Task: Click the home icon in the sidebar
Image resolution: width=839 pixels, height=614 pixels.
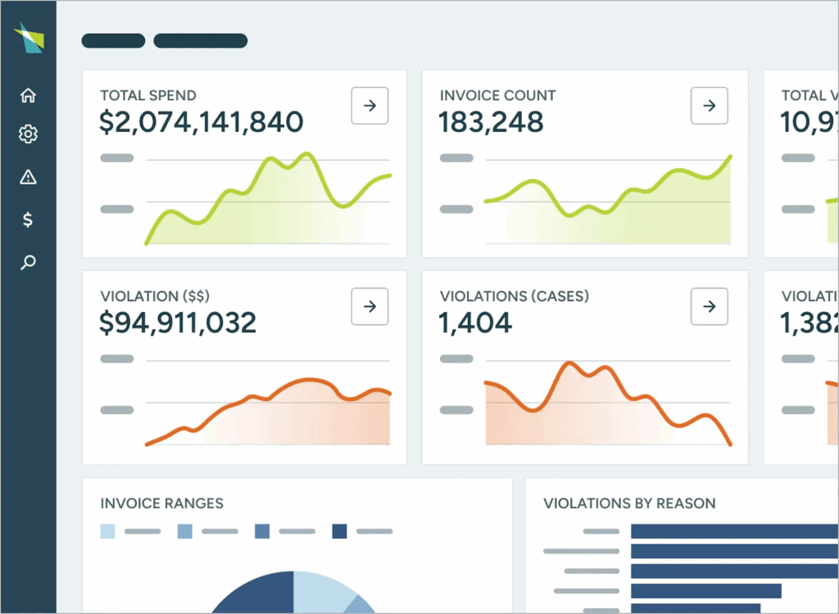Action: point(28,95)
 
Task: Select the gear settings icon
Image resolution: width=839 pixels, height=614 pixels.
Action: point(28,134)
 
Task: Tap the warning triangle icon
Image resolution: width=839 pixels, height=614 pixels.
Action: point(28,177)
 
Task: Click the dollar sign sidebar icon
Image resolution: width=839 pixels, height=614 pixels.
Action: point(28,220)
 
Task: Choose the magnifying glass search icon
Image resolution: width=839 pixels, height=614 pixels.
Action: point(28,263)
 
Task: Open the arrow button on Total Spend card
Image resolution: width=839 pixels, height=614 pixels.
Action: point(370,106)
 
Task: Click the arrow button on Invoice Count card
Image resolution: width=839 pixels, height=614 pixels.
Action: point(710,106)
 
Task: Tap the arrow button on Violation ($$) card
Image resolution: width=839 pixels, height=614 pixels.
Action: point(370,306)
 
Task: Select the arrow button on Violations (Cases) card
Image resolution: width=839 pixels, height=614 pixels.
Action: point(710,306)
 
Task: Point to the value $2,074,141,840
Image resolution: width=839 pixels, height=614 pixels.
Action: point(202,122)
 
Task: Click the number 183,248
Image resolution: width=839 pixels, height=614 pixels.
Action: point(491,122)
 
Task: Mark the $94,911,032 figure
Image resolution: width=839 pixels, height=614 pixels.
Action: point(178,323)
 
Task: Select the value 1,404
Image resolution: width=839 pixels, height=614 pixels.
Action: point(475,323)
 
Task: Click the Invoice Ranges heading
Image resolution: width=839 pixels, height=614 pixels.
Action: point(161,503)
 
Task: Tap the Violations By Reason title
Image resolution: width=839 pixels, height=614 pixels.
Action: point(629,503)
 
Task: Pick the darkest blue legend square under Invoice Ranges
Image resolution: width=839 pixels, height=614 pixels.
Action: point(339,531)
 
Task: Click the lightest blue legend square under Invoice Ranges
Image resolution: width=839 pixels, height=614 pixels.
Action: point(108,531)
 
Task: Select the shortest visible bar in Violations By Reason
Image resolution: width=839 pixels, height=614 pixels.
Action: point(705,591)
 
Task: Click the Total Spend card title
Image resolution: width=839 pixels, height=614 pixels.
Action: point(148,96)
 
